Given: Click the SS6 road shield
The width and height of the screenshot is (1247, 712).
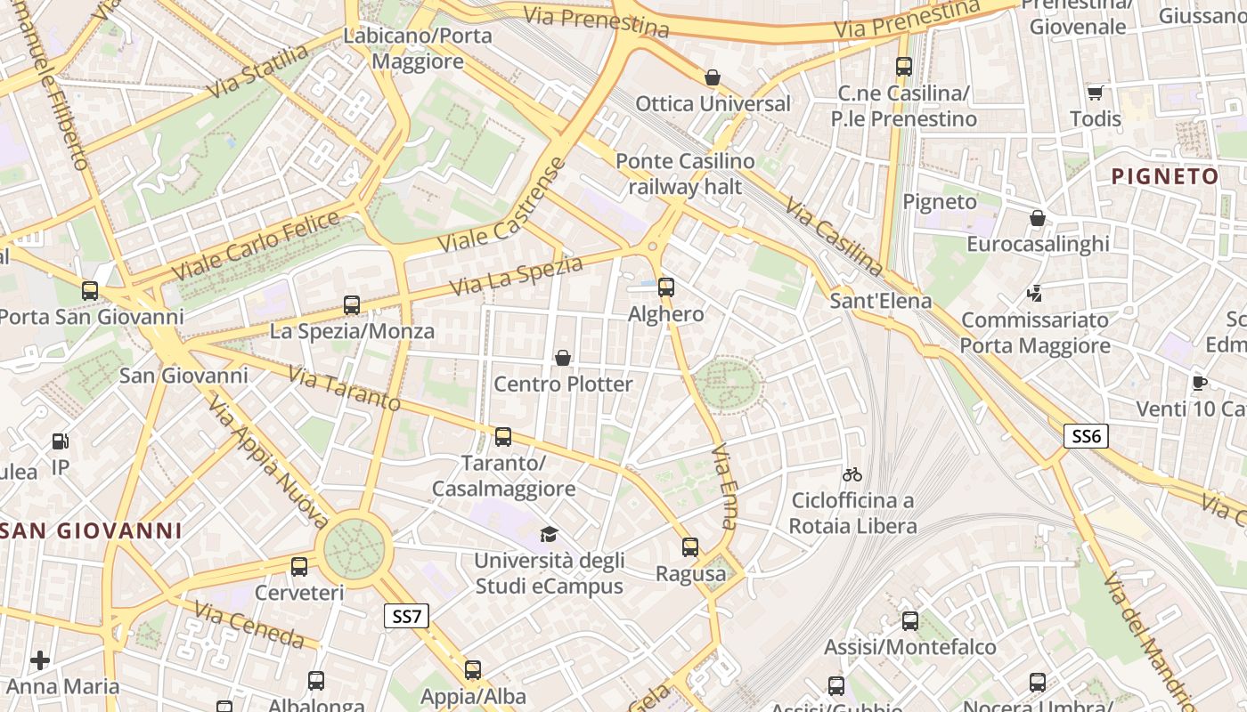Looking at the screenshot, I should coord(1086,435).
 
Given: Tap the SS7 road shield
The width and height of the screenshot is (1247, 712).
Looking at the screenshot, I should coord(407,615).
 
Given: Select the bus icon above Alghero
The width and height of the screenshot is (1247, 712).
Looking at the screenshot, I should coord(666,287).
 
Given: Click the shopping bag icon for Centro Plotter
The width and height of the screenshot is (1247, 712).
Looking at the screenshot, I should coord(563,358).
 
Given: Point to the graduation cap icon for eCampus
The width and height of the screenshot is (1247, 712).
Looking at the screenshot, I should coord(549,534).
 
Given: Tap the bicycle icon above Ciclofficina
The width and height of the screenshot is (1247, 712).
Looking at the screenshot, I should coord(852,474).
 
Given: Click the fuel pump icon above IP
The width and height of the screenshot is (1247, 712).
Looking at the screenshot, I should coord(60,441).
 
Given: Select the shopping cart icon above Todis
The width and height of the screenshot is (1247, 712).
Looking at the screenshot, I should coord(1096,93).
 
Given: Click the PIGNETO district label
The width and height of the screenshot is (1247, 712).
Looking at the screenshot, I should coord(1165,176).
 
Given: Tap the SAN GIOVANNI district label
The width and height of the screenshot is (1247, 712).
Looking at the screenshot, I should coord(92,531).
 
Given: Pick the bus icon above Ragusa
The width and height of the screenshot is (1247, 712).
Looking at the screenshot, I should coord(690,546).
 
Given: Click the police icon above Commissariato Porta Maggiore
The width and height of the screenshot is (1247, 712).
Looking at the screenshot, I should coord(1035,293).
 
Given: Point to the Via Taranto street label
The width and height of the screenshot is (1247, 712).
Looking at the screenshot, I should coord(345,389).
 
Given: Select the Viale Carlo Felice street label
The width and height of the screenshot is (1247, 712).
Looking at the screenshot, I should coord(256,245).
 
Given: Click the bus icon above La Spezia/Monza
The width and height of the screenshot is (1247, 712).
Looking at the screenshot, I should coord(352,305).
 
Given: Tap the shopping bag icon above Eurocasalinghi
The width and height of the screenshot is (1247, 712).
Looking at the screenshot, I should coord(1038,218).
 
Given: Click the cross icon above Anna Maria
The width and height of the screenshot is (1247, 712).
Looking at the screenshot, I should coord(40,659).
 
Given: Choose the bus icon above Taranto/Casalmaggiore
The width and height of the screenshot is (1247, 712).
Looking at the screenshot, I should coord(503,436).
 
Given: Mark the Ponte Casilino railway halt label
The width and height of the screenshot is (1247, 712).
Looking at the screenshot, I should coord(685,174).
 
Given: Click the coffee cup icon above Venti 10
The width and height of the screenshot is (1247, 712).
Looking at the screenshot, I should coord(1200,383).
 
